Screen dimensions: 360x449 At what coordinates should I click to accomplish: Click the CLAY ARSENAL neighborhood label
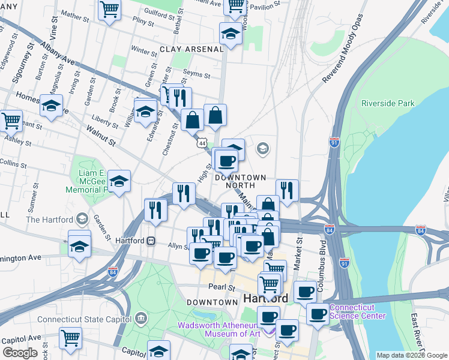click(191, 49)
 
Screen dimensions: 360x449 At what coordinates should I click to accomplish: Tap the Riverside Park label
click(388, 104)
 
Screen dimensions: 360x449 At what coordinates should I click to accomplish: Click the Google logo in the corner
click(20, 352)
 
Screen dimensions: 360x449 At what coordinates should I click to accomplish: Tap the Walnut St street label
click(100, 136)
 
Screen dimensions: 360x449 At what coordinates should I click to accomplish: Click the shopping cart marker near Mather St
click(110, 8)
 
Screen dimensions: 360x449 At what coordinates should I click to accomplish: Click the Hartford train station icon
click(151, 241)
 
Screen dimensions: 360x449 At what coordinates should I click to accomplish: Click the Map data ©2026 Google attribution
click(412, 355)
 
